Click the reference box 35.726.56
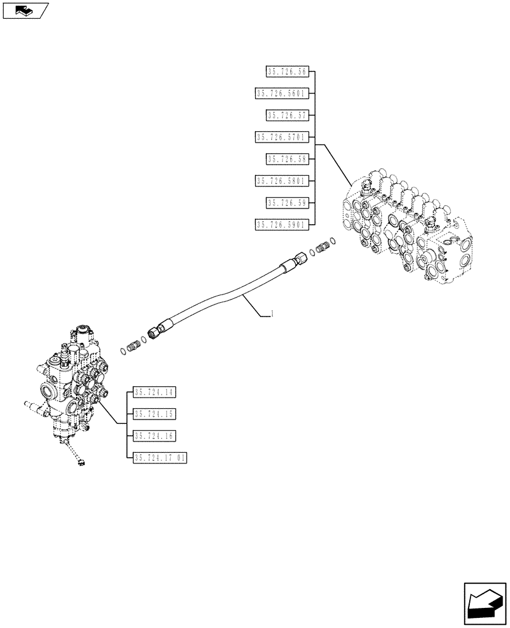tap(286, 72)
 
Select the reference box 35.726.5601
tap(281, 94)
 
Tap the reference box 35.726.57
tap(286, 115)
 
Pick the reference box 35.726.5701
tap(281, 137)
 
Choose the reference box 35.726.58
tap(286, 159)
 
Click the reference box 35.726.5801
tap(281, 181)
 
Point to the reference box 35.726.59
tap(286, 202)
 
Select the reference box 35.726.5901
tap(281, 224)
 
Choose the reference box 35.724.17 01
tap(160, 458)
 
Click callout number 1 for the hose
tap(271, 313)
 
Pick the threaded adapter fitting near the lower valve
tap(133, 345)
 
